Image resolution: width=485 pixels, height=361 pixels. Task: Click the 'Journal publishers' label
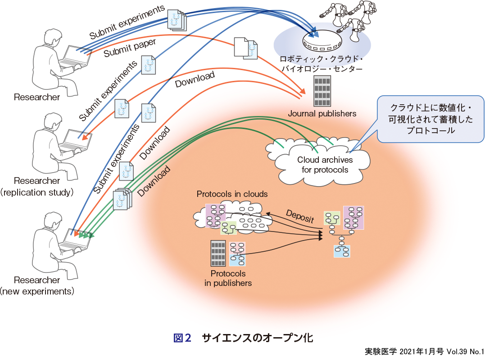coord(322,113)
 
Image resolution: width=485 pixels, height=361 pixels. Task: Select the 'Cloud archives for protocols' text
coord(325,165)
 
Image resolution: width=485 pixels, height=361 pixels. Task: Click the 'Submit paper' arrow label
coord(130,48)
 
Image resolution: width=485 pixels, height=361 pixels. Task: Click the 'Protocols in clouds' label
coord(232,194)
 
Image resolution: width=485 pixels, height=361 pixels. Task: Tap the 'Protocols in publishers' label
coord(228,278)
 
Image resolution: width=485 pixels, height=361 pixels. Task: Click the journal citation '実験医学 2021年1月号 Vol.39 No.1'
coord(424,352)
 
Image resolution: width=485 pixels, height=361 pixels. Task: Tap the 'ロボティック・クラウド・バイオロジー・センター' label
coord(321,64)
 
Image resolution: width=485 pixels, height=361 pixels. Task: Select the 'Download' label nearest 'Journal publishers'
coord(195,80)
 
